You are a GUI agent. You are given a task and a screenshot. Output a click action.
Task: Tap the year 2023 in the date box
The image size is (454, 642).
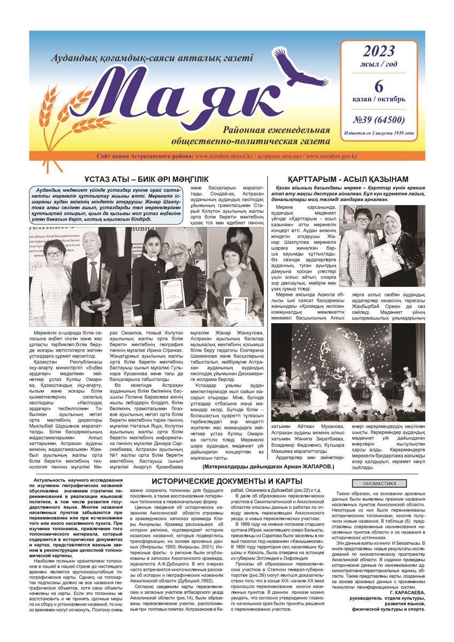[x=379, y=52]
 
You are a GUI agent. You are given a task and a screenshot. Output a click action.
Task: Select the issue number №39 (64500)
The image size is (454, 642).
[x=379, y=119]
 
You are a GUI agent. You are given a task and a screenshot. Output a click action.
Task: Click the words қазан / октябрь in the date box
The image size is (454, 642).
[x=379, y=100]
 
